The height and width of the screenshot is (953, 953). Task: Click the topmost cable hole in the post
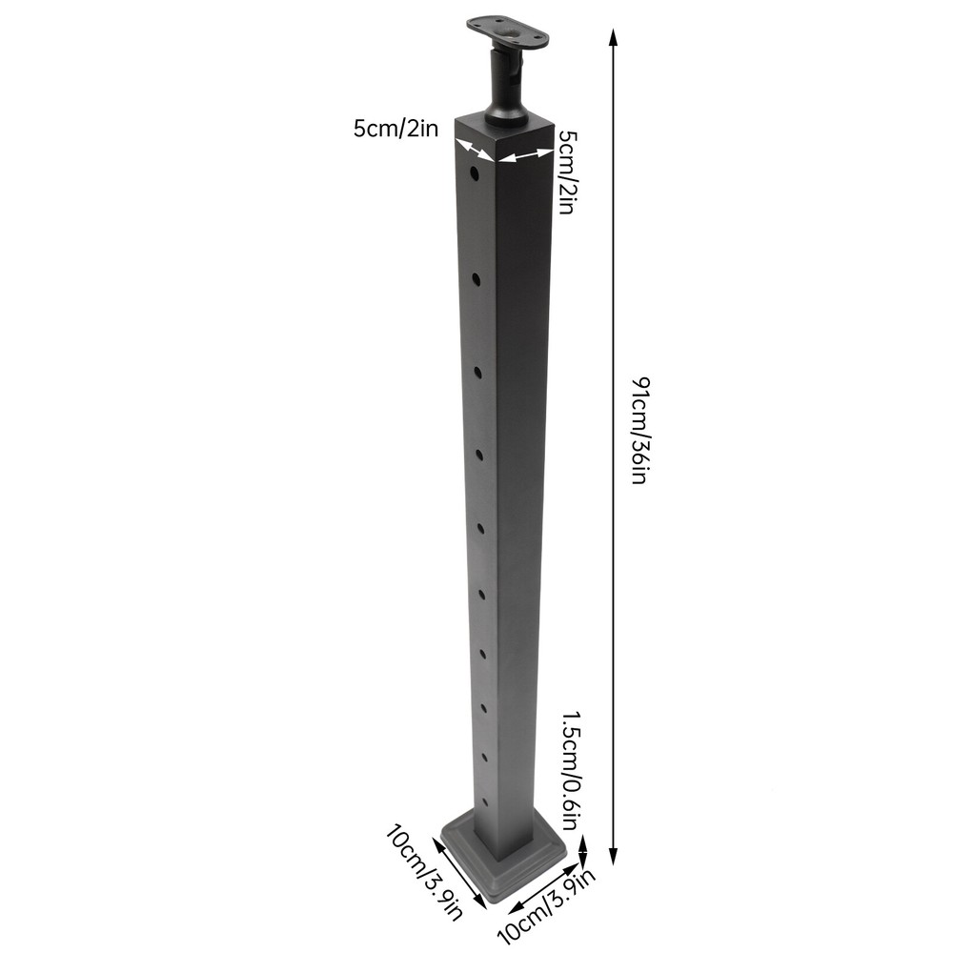pos(474,176)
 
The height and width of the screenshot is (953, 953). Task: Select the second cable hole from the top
pos(476,277)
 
